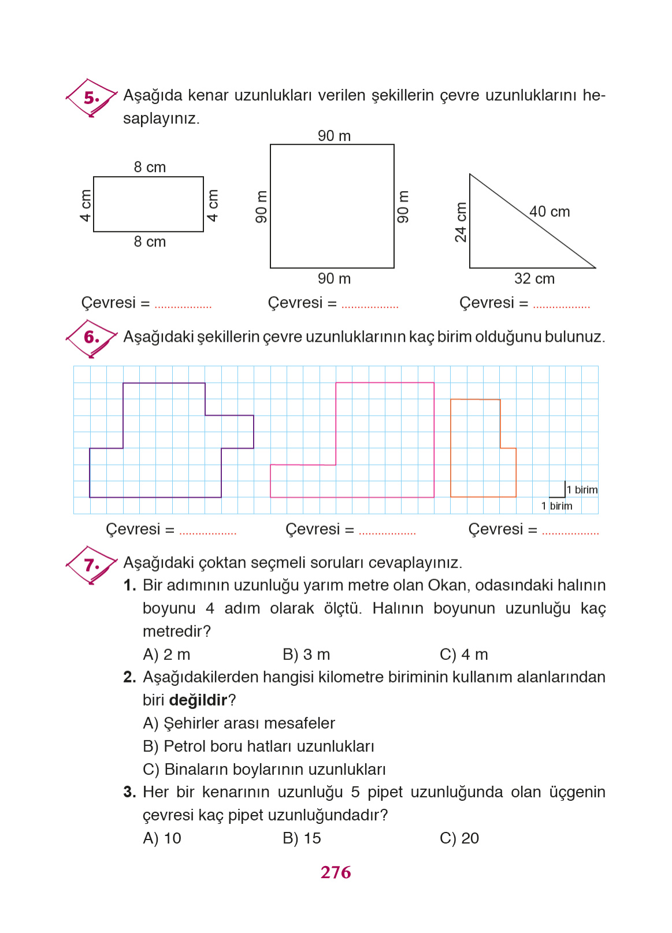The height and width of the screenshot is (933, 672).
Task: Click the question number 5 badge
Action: [91, 98]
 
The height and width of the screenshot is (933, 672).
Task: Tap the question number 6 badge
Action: [91, 337]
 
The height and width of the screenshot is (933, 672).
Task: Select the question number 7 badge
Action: [91, 565]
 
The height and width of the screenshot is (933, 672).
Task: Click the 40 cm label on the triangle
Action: [550, 212]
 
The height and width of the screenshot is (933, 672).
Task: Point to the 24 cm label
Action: [461, 222]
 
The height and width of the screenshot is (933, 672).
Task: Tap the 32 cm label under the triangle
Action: [534, 279]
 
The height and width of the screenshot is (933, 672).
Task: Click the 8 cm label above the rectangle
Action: [150, 167]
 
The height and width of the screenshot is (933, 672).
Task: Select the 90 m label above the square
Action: [334, 136]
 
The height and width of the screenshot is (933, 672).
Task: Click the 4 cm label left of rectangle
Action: [86, 206]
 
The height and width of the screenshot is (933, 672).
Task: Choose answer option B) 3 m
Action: [306, 655]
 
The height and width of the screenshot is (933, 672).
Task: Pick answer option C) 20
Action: [459, 838]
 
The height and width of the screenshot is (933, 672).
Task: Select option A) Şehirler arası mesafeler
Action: [239, 723]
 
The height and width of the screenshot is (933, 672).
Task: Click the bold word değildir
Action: [198, 700]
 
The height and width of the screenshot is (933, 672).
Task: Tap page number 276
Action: [336, 872]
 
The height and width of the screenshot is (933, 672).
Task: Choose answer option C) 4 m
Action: [463, 655]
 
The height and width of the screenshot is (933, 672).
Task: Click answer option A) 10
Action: [162, 838]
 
